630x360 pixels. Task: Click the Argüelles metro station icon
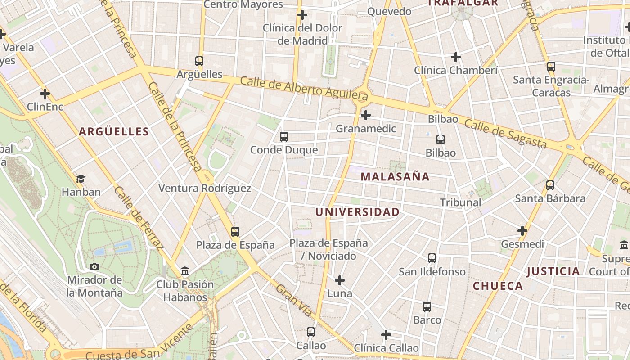199,61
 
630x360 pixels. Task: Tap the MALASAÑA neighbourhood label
395,177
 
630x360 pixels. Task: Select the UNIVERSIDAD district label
357,212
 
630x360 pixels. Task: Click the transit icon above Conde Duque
284,137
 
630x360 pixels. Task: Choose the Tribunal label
460,202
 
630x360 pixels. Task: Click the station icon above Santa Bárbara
550,185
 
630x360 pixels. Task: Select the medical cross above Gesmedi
522,231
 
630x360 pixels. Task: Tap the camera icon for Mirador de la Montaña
94,266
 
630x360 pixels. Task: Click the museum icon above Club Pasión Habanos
185,271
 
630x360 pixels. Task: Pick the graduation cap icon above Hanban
81,179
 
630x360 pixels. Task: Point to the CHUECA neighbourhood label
498,286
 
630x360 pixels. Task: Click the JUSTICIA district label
553,271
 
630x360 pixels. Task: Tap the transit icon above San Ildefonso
432,258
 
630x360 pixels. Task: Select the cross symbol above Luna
340,281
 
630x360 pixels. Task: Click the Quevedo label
390,11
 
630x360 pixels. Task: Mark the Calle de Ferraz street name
138,218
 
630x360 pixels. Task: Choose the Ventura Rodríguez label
205,188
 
